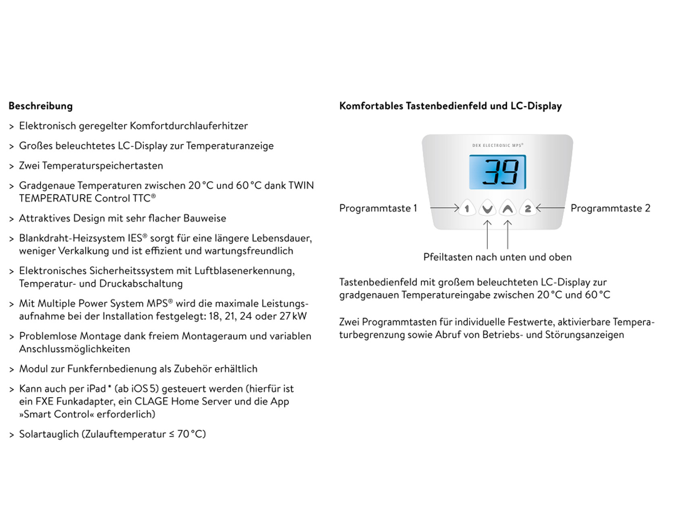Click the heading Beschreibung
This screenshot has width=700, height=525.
coord(40,106)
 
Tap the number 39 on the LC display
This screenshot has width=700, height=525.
coord(500,172)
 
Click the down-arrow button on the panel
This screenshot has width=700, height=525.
coord(487,209)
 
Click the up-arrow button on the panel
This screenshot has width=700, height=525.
coord(507,209)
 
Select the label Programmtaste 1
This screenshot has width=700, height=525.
coord(378,208)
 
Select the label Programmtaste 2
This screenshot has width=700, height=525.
coord(610,208)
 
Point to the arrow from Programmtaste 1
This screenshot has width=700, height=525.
coord(444,208)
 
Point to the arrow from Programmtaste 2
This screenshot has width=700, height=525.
coord(550,208)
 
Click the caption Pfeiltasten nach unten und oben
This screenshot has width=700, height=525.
coord(497,257)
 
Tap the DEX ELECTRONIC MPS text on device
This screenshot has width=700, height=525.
coord(497,145)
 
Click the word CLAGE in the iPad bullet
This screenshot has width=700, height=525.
coord(151,402)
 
